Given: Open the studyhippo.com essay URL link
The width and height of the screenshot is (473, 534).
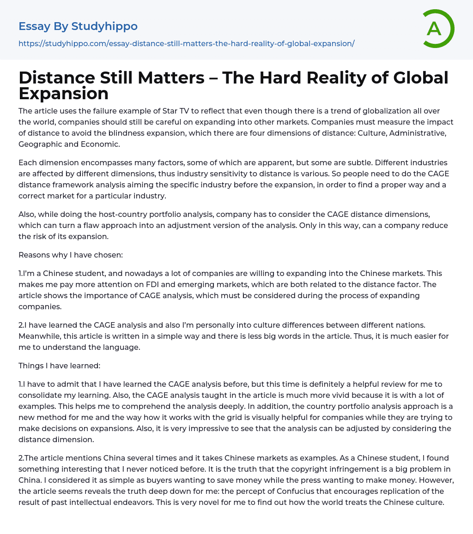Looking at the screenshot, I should pyautogui.click(x=186, y=43).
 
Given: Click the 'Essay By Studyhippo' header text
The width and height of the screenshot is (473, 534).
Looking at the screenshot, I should pyautogui.click(x=78, y=26).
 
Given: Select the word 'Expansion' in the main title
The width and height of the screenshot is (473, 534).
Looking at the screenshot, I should pyautogui.click(x=63, y=93).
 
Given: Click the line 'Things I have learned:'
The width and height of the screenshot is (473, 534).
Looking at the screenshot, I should pyautogui.click(x=59, y=366).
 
